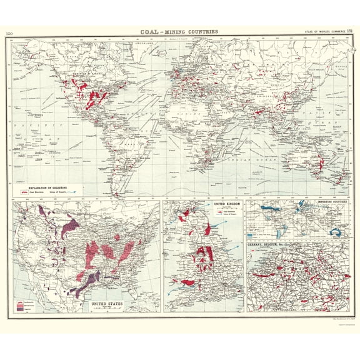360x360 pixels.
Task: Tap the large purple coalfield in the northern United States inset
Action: click(70, 226)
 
